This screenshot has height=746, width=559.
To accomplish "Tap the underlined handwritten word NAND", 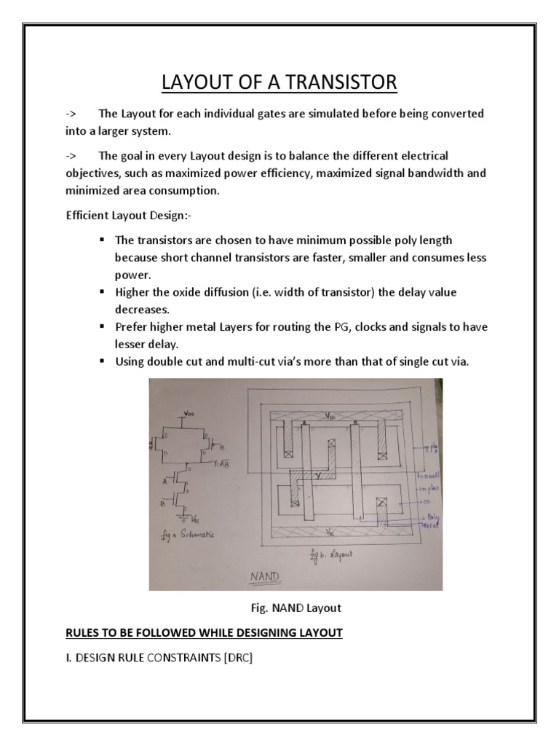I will click(x=266, y=576).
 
